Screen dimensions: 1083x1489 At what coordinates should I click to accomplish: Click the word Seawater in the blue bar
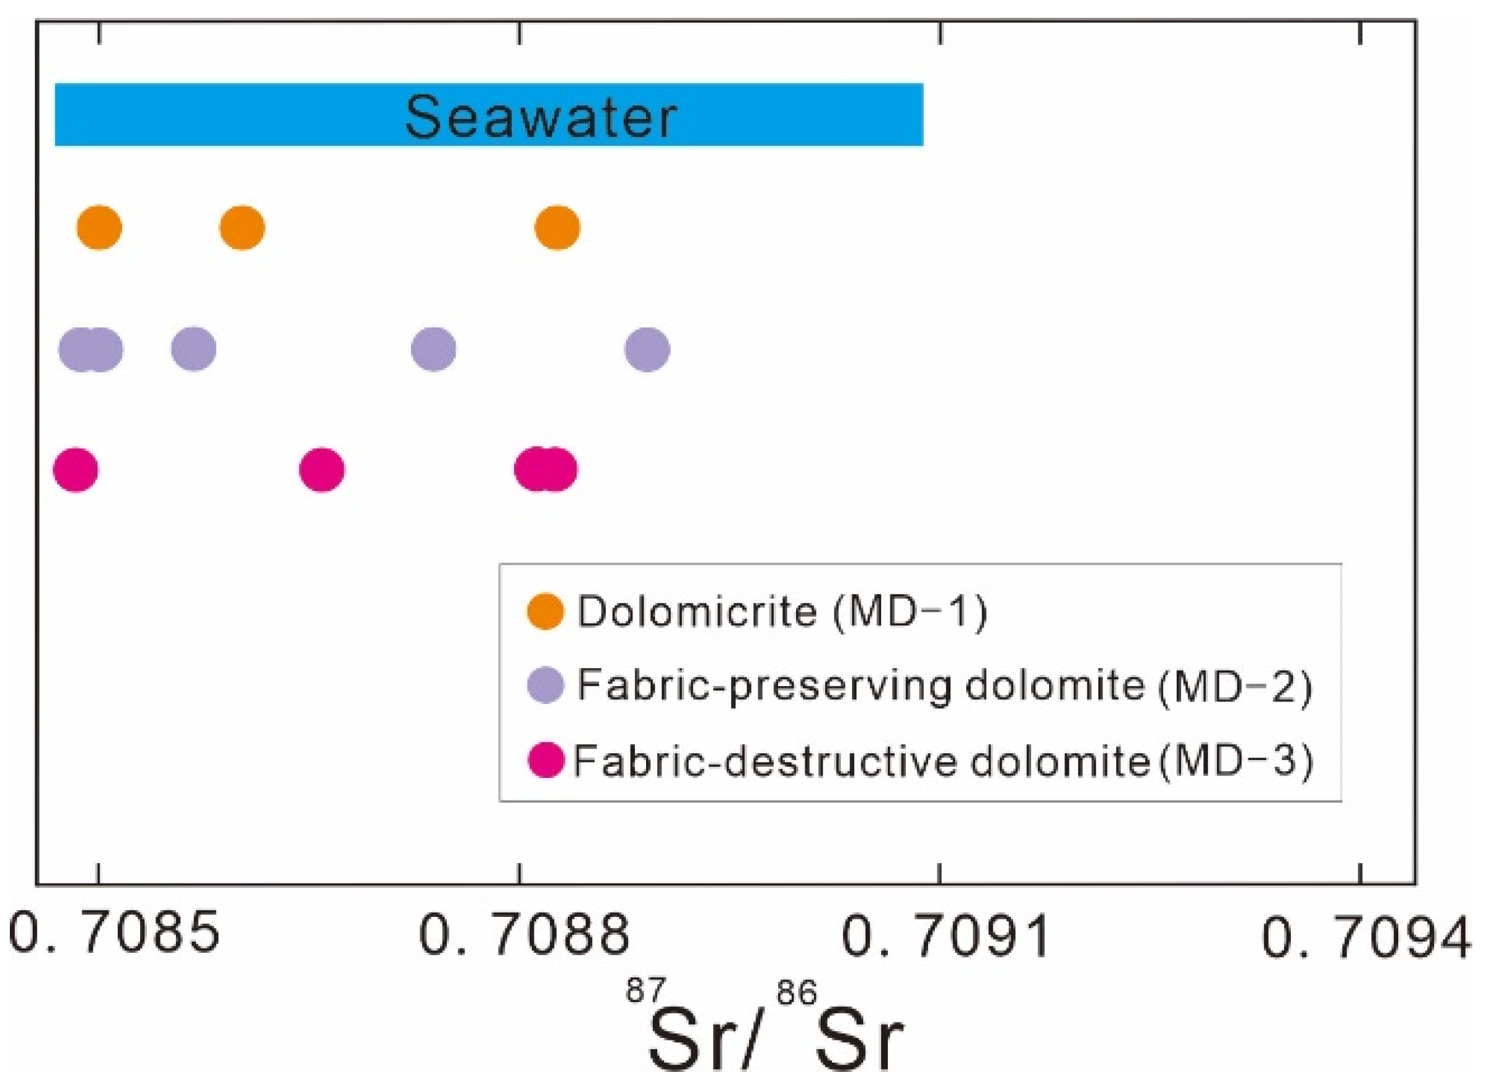pyautogui.click(x=541, y=116)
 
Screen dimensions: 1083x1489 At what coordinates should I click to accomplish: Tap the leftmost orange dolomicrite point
pyautogui.click(x=99, y=228)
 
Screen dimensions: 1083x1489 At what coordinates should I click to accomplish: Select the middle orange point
pyautogui.click(x=243, y=228)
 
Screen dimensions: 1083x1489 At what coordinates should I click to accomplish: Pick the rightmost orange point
pyautogui.click(x=557, y=228)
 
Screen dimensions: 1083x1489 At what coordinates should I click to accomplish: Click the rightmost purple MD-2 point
pyautogui.click(x=647, y=349)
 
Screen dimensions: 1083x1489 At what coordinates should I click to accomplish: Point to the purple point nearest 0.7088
pyautogui.click(x=433, y=349)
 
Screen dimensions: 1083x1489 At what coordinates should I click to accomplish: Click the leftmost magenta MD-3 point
pyautogui.click(x=75, y=470)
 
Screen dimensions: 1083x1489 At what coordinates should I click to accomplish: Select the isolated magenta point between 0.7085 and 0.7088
pyautogui.click(x=321, y=470)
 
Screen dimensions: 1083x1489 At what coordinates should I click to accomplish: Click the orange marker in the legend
pyautogui.click(x=545, y=611)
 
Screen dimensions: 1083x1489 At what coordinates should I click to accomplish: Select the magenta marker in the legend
pyautogui.click(x=545, y=760)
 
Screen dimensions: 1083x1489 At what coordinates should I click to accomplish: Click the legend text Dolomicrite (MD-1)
pyautogui.click(x=781, y=611)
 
